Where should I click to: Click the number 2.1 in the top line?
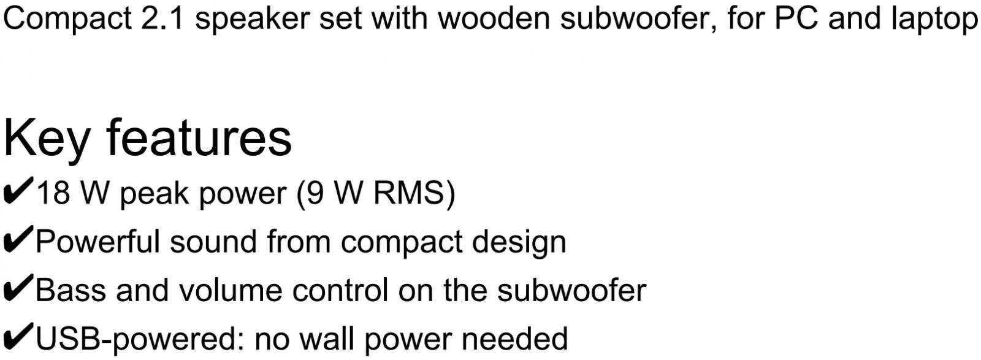[x=162, y=18]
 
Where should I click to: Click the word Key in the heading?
[x=47, y=140]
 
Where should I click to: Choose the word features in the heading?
[x=199, y=137]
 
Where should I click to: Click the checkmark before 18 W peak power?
[x=18, y=191]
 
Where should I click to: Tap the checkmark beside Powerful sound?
[x=18, y=239]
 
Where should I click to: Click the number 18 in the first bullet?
[x=53, y=193]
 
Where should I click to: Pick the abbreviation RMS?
[x=408, y=193]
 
